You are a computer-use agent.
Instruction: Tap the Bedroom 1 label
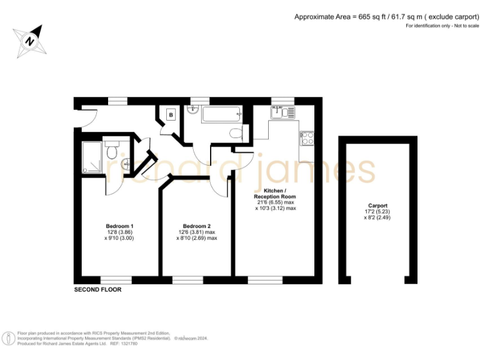[x=119, y=226]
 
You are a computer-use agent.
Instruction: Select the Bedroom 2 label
[x=197, y=226]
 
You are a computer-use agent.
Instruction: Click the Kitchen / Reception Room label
[x=276, y=193]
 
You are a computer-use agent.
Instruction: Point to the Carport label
[x=377, y=206]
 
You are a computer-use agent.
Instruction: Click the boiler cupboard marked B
[x=170, y=116]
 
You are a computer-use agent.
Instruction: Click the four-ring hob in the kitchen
[x=307, y=139]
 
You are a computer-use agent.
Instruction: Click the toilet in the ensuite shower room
[x=112, y=151]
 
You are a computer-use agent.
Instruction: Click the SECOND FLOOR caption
[x=97, y=290]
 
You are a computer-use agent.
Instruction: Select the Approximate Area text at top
[x=382, y=17]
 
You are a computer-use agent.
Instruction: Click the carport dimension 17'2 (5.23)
[x=377, y=212]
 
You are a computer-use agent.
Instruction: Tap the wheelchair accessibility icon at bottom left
[x=9, y=338]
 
